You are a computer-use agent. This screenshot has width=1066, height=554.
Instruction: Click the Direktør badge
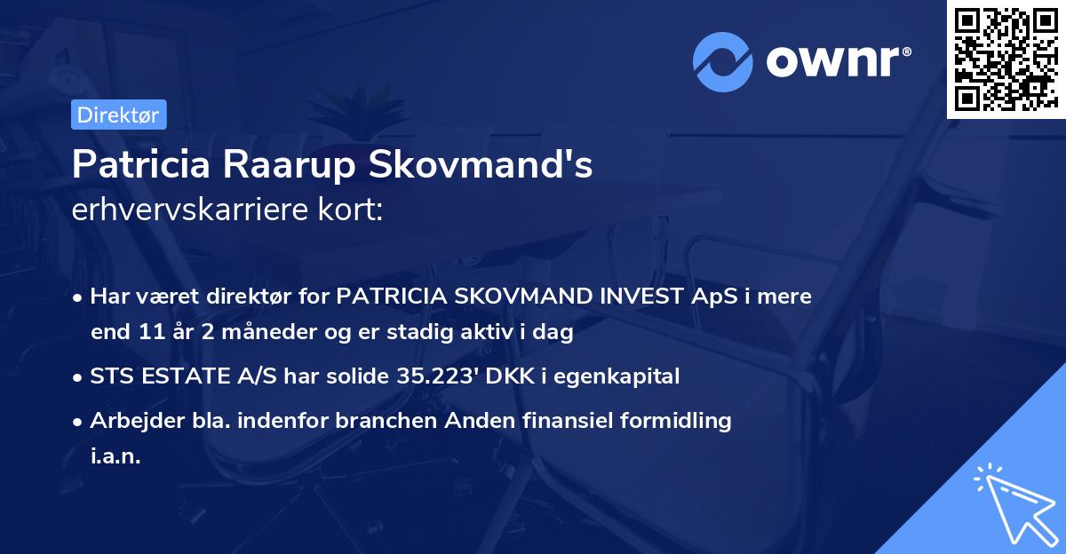(x=118, y=115)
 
